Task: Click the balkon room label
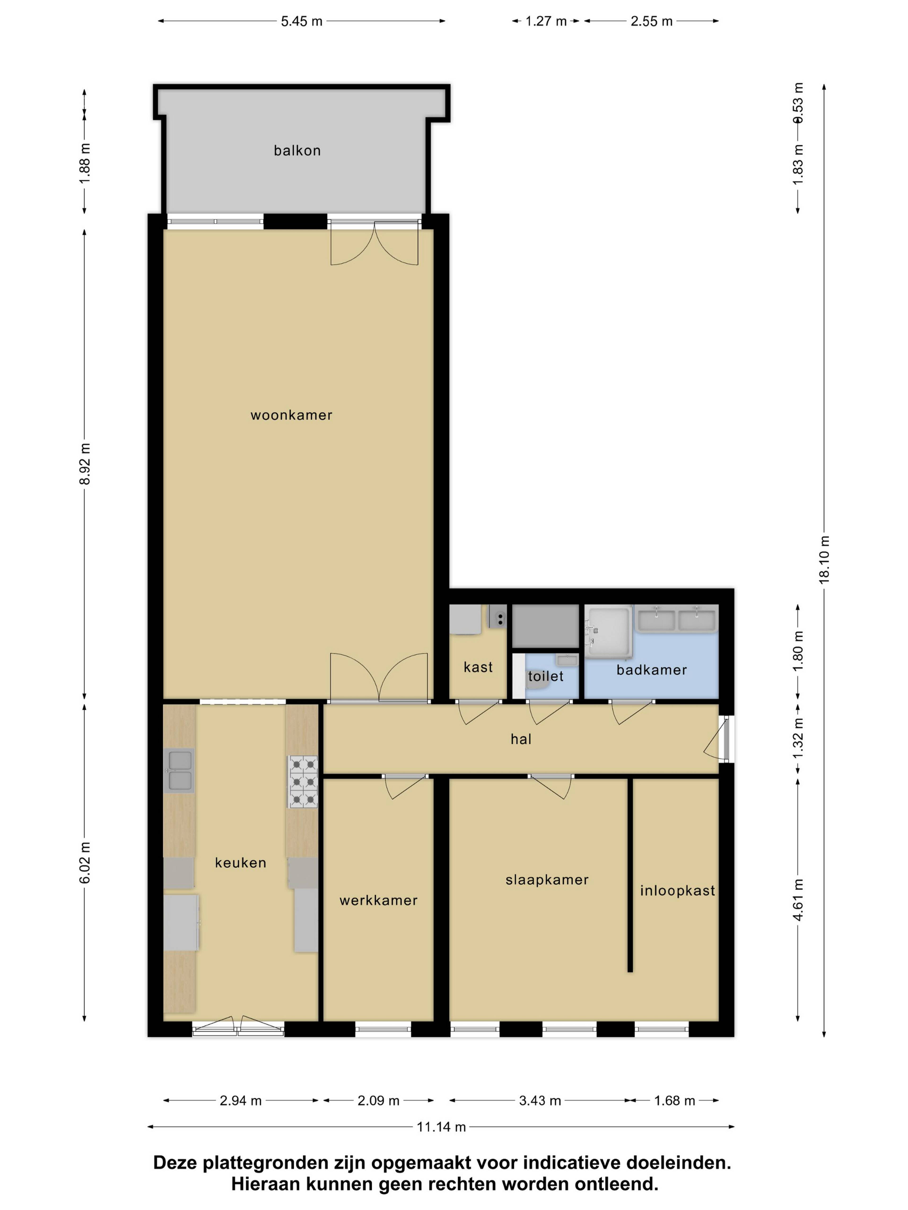click(x=297, y=151)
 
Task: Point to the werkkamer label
click(x=378, y=900)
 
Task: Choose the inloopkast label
click(x=678, y=890)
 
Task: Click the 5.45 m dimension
click(x=301, y=21)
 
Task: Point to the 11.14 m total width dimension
click(x=441, y=1127)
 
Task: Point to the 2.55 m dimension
click(x=651, y=21)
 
